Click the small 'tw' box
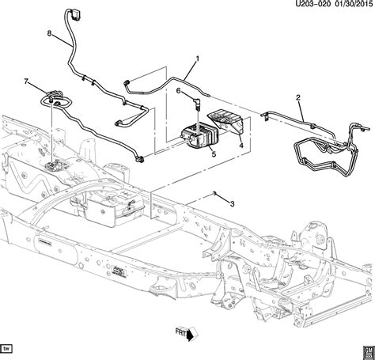coord(11,348)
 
